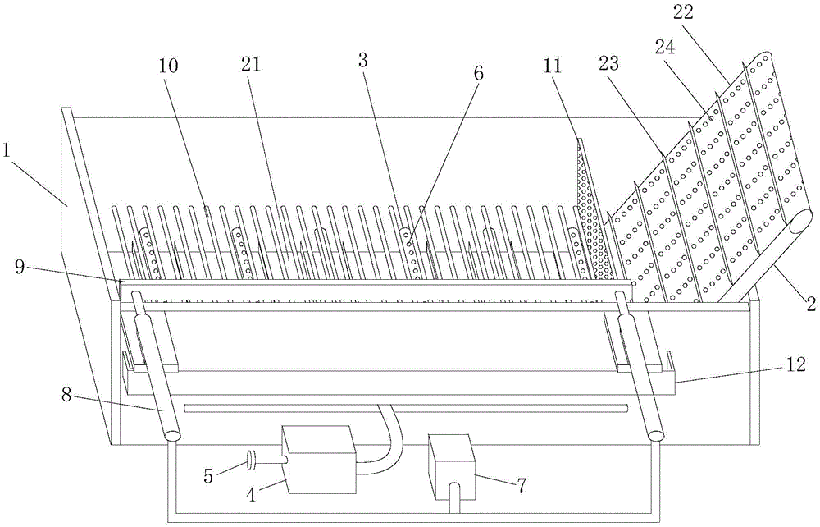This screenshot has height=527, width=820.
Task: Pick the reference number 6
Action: pos(477,73)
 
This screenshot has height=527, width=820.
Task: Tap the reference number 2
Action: pos(808,305)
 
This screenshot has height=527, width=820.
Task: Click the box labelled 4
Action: pos(318,459)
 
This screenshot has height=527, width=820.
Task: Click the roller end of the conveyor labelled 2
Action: pos(799,223)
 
